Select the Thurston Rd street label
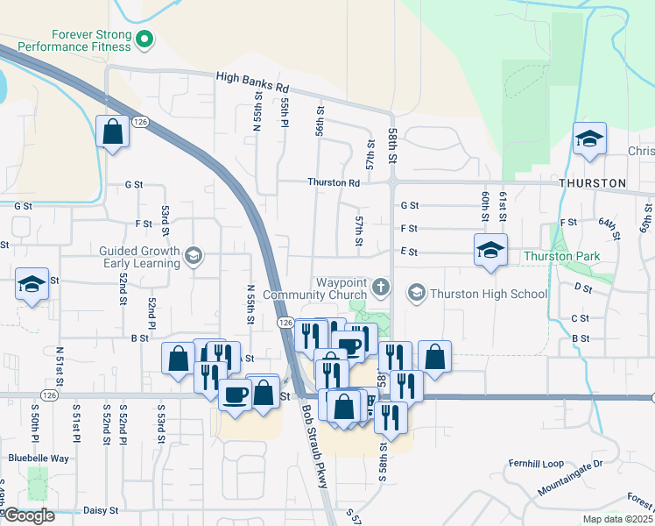pos(334,182)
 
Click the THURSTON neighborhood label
pos(593,183)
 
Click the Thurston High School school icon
pos(417,293)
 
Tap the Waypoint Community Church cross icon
pos(380,286)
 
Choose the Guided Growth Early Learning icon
pos(194,256)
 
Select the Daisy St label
pos(101,509)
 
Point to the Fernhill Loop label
pos(536,463)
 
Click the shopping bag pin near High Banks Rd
pos(113,132)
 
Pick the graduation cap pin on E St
pos(490,250)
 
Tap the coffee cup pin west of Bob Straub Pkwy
pos(235,394)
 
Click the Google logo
pos(29,515)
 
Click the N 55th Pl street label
pos(285,113)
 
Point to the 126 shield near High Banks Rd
pos(139,123)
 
